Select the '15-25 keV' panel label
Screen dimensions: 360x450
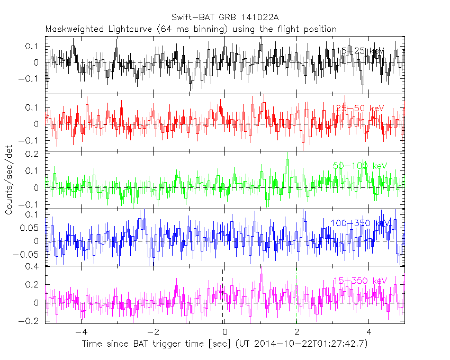(360, 51)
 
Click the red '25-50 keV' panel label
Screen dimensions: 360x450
(360, 108)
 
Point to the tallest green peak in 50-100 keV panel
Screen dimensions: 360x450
(287, 155)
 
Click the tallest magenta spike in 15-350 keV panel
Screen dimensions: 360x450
(262, 269)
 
